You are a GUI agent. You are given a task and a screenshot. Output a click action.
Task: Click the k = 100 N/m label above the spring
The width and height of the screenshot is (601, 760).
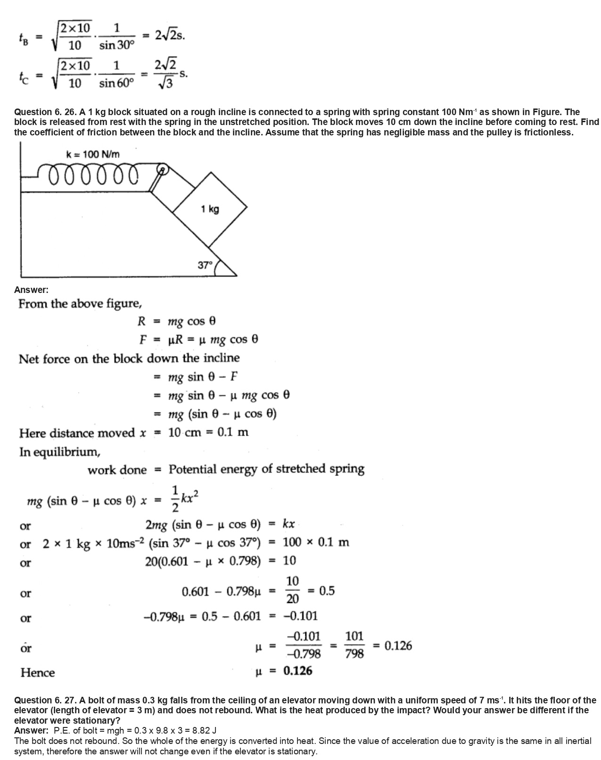[x=93, y=154]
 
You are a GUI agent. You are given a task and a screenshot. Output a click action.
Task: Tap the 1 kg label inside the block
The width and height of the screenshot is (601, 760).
[x=210, y=209]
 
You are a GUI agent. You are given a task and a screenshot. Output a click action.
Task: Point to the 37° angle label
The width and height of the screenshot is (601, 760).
[x=205, y=265]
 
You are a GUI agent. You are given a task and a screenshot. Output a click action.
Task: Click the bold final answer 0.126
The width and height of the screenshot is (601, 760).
[x=298, y=671]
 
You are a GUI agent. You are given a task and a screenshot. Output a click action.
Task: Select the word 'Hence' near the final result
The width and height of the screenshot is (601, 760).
[x=37, y=672]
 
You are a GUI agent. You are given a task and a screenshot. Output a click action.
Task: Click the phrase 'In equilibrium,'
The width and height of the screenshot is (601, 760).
[x=59, y=452]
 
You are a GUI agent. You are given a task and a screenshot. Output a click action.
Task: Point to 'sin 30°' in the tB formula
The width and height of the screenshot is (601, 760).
[x=117, y=46]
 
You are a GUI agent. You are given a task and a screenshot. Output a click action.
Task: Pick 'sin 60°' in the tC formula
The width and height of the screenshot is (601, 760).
[x=117, y=84]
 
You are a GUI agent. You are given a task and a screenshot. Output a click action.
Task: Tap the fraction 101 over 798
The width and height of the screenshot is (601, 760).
[x=354, y=645]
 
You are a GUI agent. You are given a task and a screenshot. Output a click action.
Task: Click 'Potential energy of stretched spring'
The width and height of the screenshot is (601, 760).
[x=266, y=469]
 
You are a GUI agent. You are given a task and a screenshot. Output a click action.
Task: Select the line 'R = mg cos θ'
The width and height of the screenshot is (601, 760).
[x=177, y=322]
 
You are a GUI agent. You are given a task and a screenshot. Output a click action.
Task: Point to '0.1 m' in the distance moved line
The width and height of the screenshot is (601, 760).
[x=233, y=432]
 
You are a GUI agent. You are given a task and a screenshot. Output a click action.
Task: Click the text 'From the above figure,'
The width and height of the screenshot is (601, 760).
[x=80, y=304]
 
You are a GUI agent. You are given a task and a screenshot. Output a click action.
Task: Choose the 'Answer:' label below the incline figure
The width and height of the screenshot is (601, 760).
[x=31, y=290]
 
